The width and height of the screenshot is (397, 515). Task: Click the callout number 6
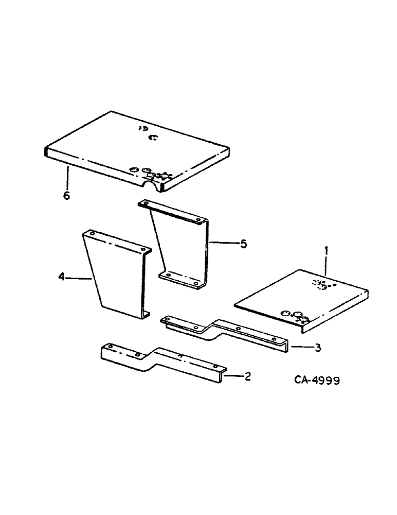pos(66,196)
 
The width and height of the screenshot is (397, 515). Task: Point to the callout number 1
pos(325,252)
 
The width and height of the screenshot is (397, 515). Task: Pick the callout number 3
pos(318,348)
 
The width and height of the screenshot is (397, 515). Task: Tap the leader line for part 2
pos(232,376)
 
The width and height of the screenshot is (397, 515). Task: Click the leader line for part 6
pos(67,178)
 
